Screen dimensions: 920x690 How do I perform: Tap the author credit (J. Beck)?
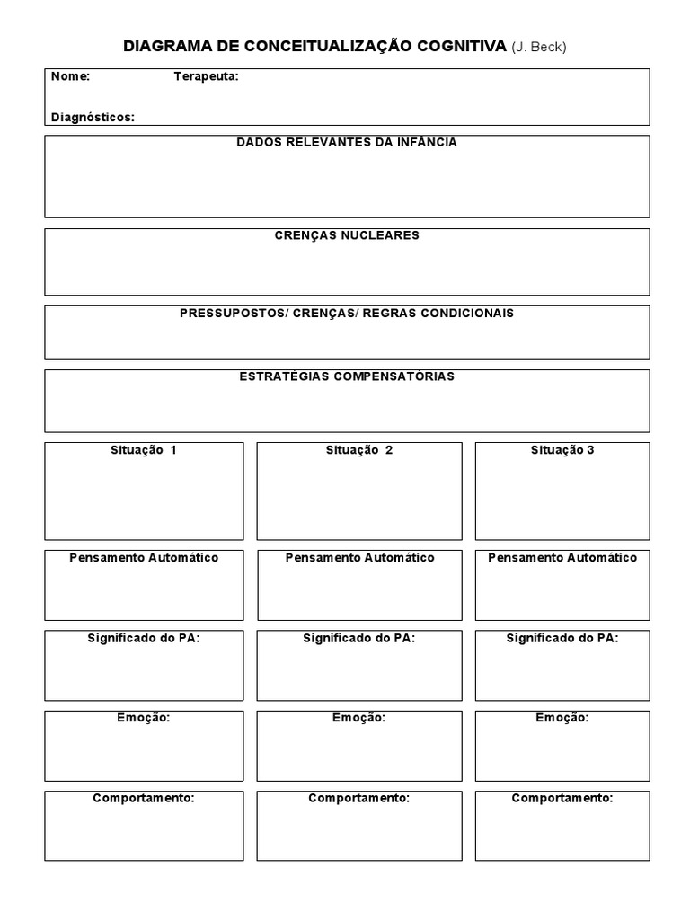click(x=538, y=47)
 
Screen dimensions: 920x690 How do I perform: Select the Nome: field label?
click(x=70, y=76)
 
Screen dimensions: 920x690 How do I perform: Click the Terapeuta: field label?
click(x=206, y=76)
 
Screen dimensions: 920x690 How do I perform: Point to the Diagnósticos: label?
click(x=93, y=117)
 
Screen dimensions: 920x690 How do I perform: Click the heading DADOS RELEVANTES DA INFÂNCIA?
click(x=346, y=142)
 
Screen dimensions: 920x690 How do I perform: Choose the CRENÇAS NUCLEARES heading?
click(x=346, y=235)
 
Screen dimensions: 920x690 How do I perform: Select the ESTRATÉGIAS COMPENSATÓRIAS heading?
click(x=346, y=376)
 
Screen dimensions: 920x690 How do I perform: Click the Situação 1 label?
click(x=143, y=450)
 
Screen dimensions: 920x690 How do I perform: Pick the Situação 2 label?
click(x=358, y=450)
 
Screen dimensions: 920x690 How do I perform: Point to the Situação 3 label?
click(x=562, y=450)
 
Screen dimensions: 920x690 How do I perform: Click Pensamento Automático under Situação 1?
click(x=144, y=558)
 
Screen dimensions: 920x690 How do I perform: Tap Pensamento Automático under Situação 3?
click(x=562, y=558)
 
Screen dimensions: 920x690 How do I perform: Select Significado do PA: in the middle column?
click(x=359, y=638)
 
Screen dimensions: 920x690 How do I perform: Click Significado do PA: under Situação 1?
click(x=144, y=638)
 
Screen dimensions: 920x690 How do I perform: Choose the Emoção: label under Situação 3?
click(x=562, y=718)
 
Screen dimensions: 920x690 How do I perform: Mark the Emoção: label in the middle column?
click(x=359, y=718)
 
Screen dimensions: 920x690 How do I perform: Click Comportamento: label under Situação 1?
click(x=144, y=798)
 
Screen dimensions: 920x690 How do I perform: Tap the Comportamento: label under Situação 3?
click(x=562, y=798)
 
